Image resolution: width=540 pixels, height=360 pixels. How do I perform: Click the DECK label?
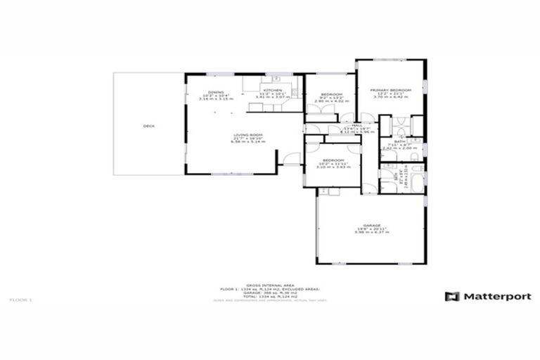coord(148,126)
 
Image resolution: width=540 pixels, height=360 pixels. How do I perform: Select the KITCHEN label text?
coord(273,91)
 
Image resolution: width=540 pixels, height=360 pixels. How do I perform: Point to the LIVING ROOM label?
coord(248,135)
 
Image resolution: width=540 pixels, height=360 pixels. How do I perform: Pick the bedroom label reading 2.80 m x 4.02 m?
coord(331,95)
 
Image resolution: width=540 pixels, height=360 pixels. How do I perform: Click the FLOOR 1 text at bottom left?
coord(20,300)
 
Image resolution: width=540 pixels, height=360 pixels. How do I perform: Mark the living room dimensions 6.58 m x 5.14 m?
coord(248,141)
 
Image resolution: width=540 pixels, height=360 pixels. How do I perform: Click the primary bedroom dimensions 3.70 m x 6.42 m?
coord(390,98)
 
